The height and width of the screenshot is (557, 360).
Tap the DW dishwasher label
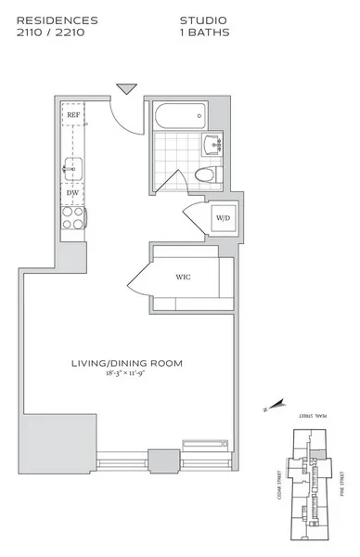72,193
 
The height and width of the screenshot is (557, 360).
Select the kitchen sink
73,167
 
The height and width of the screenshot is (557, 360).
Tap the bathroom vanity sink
213,145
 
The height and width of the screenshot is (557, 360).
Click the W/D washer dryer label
223,219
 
